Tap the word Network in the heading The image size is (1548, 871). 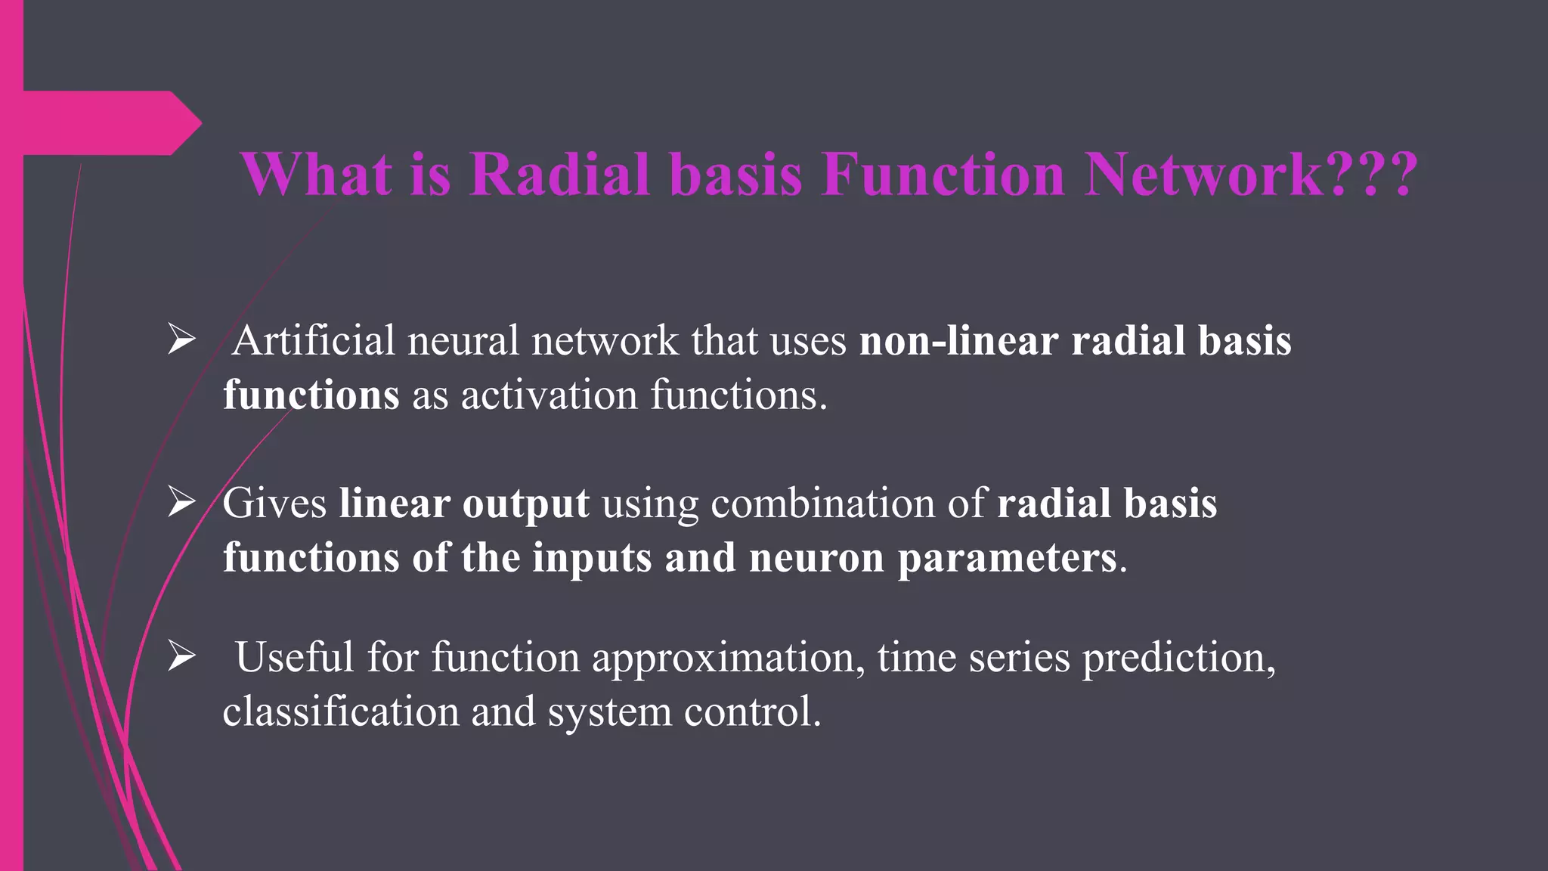pyautogui.click(x=1203, y=175)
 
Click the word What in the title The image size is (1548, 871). pyautogui.click(x=317, y=175)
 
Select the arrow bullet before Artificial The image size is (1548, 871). pyautogui.click(x=182, y=339)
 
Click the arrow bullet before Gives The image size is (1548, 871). pyautogui.click(x=182, y=502)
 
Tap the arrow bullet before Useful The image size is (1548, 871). pyautogui.click(x=182, y=656)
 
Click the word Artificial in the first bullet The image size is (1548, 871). pyautogui.click(x=313, y=341)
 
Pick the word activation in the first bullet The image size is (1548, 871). pyautogui.click(x=550, y=395)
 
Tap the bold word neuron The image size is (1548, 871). pyautogui.click(x=816, y=559)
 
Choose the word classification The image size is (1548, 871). pyautogui.click(x=340, y=712)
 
